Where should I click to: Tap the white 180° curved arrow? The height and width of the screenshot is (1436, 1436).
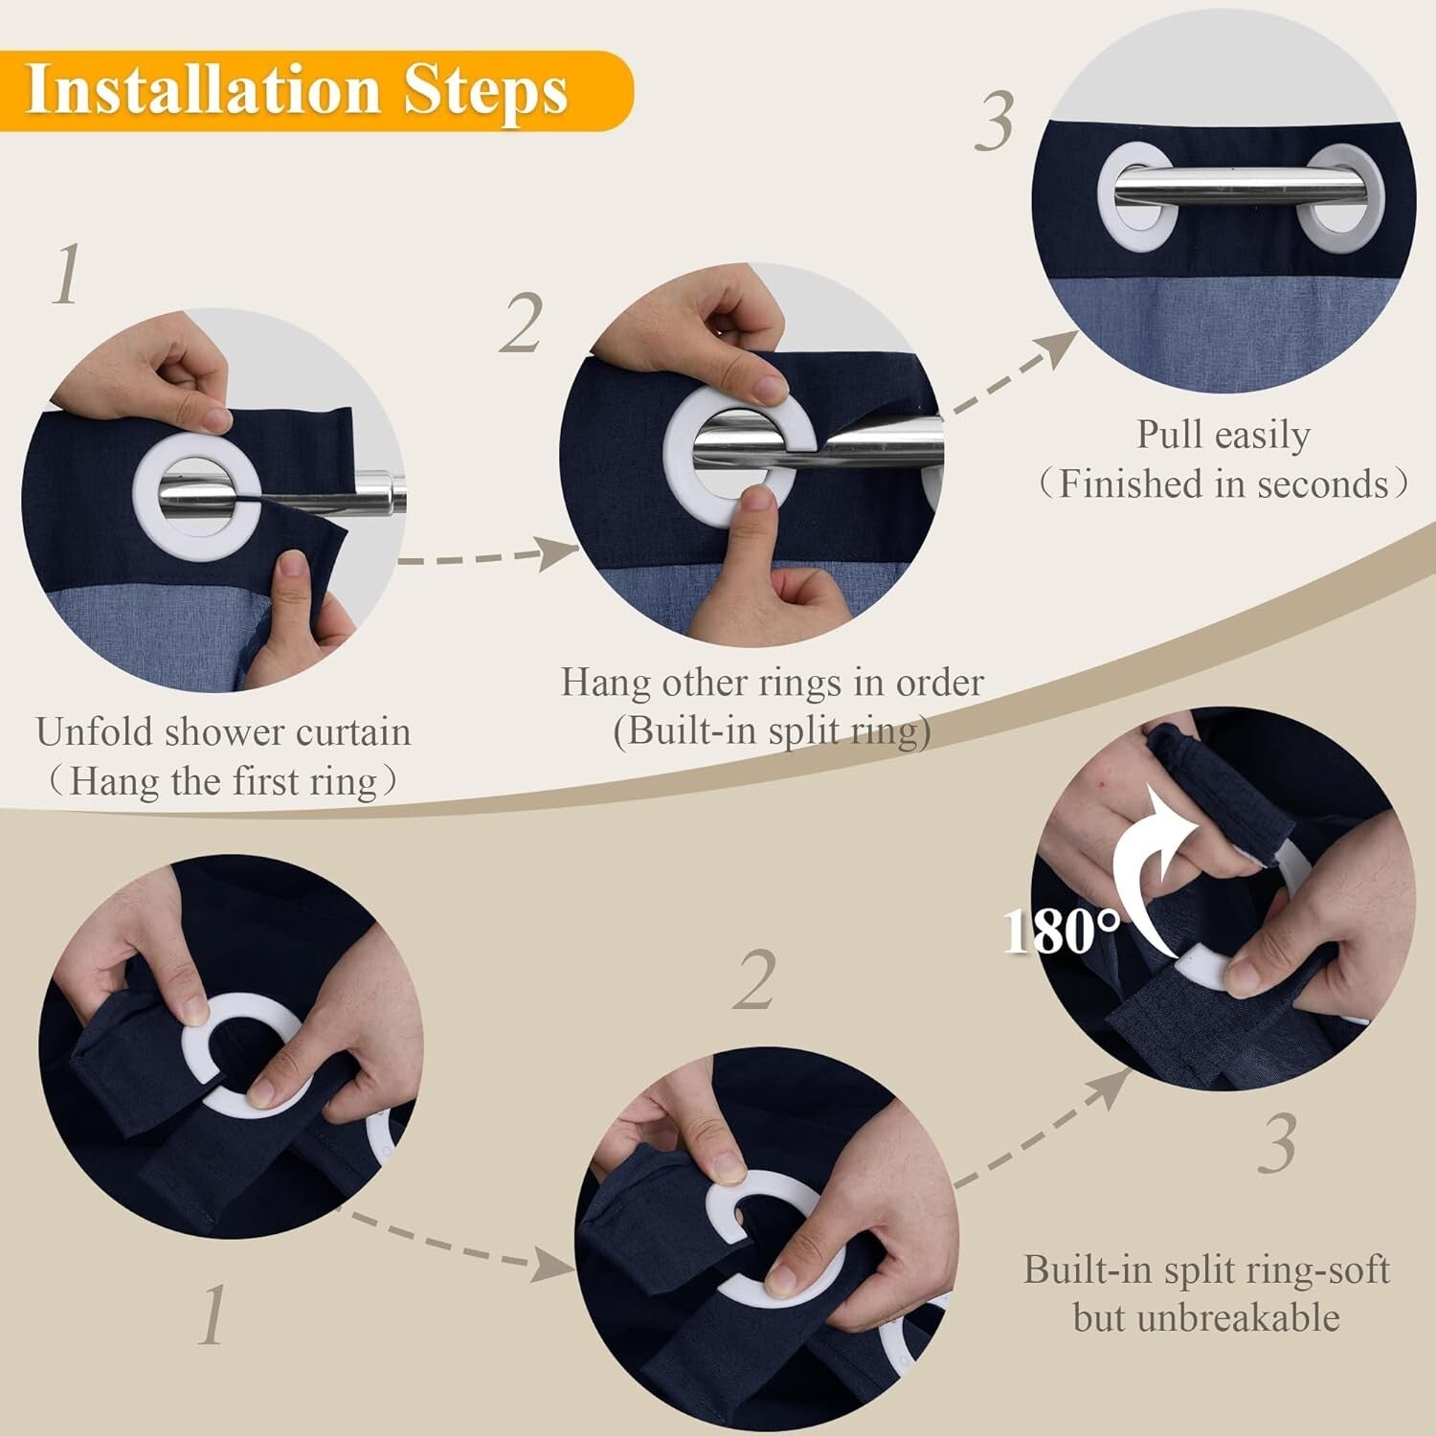(x=1144, y=862)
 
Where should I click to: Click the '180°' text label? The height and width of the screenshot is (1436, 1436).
(x=1061, y=930)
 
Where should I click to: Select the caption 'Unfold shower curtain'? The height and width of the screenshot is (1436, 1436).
(x=224, y=732)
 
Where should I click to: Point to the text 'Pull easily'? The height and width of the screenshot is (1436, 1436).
(x=1223, y=435)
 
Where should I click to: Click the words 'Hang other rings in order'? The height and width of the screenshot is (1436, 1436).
(x=772, y=683)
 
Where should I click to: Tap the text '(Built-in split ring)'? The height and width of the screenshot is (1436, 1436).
(x=772, y=731)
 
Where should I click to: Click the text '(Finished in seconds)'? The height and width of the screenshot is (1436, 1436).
(x=1223, y=484)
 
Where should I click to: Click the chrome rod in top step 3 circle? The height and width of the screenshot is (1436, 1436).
(x=1235, y=186)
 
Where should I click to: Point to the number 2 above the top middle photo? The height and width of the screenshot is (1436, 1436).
(x=522, y=324)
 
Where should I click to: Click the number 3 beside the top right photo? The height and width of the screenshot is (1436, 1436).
(x=996, y=123)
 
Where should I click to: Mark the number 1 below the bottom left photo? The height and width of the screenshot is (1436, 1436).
(x=213, y=1313)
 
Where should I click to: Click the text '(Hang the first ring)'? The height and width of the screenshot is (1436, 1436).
(x=224, y=781)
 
